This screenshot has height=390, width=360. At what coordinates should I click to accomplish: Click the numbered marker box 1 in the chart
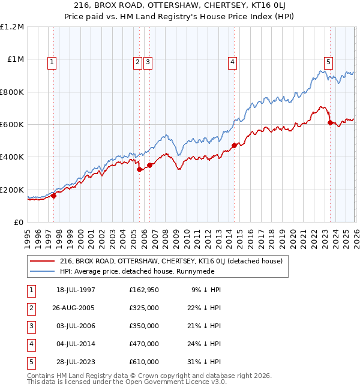click(52, 61)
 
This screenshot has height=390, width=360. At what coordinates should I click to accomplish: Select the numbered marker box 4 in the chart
click(232, 61)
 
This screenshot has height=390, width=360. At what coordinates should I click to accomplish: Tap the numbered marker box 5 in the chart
click(328, 61)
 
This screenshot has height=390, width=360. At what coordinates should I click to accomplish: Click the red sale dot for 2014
click(234, 145)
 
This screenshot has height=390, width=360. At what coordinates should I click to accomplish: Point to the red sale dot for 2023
click(330, 122)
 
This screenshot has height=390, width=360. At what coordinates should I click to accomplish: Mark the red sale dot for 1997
click(54, 195)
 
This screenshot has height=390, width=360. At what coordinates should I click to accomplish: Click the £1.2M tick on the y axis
click(12, 27)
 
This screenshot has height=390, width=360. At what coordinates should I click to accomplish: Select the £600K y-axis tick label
click(12, 125)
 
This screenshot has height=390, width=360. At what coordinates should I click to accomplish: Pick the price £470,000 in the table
click(144, 344)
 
